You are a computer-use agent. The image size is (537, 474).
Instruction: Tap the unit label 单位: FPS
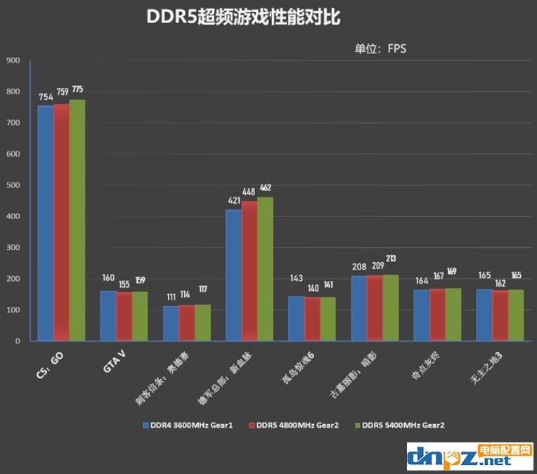coord(380,48)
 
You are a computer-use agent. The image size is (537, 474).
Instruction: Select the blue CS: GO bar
coord(45,223)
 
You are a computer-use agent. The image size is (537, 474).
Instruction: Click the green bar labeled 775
coord(77,220)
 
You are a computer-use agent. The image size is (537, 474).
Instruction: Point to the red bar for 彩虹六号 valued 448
coord(249,271)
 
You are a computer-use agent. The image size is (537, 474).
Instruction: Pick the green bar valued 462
coord(265,269)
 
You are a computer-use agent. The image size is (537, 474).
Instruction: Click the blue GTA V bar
coord(108,315)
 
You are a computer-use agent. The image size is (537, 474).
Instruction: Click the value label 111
coord(170,296)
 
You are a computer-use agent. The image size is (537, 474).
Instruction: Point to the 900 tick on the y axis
coord(13,60)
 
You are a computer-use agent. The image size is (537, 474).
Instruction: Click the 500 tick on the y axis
coord(13,185)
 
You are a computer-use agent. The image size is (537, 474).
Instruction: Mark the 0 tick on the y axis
coord(18,341)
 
